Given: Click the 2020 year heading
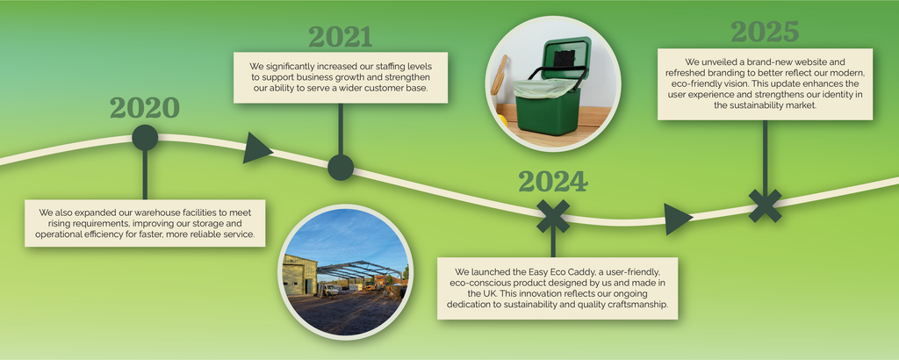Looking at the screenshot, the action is (145, 108).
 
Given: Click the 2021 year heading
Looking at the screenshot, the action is (341, 37).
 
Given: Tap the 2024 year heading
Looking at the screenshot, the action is (553, 183).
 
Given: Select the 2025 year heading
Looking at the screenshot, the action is (765, 32).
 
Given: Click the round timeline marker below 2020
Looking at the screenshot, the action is (145, 138).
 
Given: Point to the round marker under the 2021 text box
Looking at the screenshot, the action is (341, 168).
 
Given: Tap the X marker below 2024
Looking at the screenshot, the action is (553, 216).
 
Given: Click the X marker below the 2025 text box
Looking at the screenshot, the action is (766, 205).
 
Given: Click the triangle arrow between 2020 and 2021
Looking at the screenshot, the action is (257, 148).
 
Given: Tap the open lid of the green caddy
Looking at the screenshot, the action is (566, 57).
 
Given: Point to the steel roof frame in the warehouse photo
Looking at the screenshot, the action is (360, 270).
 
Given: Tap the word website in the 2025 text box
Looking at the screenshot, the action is (809, 62).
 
